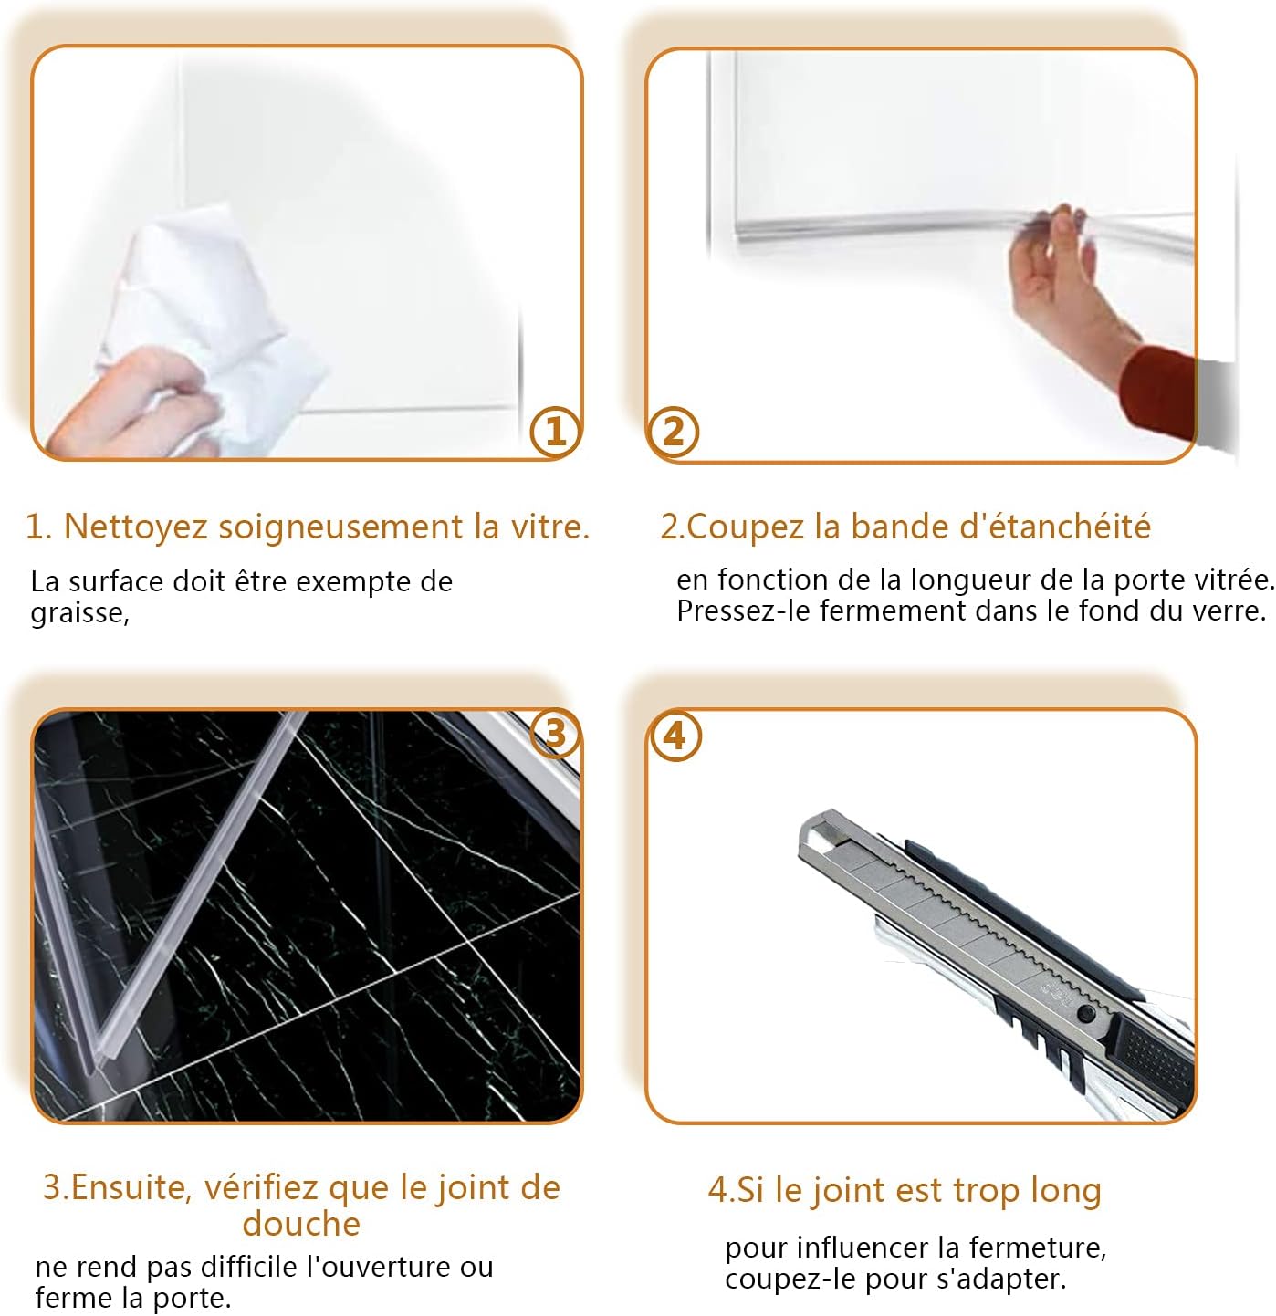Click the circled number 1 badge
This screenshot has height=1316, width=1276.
[555, 432]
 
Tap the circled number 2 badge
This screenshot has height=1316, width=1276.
[673, 433]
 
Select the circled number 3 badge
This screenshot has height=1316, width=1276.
[555, 734]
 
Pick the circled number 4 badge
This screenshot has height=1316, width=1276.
[675, 736]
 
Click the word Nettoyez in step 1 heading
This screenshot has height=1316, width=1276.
[134, 527]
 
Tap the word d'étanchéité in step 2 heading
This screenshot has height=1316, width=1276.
[1055, 527]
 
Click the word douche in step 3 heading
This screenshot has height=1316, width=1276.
[301, 1224]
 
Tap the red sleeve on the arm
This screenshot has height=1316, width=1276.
[1157, 392]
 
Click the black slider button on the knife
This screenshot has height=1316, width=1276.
[1153, 1054]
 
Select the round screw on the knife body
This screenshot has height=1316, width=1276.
[1086, 1012]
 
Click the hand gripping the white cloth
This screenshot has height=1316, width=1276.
[135, 406]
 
